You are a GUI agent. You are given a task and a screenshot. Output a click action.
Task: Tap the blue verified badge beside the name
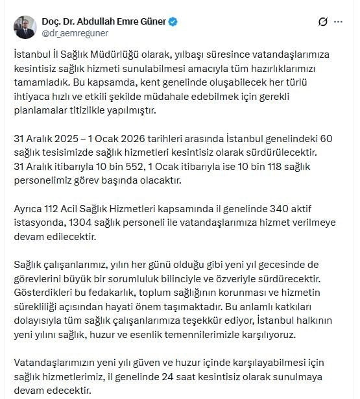(x=173, y=21)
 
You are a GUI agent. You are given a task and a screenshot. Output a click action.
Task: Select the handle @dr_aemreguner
(x=77, y=33)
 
